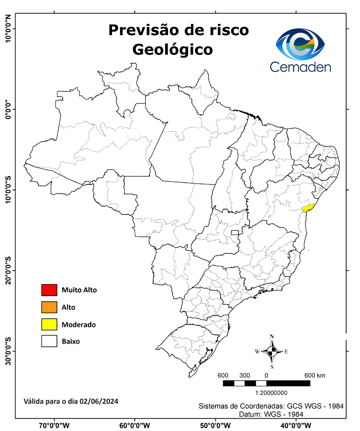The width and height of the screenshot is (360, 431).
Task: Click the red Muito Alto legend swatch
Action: [49, 290]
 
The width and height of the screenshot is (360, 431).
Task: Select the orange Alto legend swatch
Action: [49, 307]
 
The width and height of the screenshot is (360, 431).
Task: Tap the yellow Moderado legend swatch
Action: [49, 324]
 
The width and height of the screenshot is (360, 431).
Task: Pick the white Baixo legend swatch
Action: [49, 342]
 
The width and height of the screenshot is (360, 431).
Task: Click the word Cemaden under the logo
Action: [300, 67]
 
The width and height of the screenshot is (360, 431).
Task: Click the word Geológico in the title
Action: [172, 49]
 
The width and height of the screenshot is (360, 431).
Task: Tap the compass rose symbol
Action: [272, 352]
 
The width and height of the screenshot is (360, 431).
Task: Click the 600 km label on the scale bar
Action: [315, 376]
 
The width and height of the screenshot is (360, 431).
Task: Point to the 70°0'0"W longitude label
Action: [54, 425]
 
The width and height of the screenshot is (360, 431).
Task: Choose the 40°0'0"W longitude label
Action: [296, 425]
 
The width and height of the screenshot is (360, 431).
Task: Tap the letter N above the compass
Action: [272, 336]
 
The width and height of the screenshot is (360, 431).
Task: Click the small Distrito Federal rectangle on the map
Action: [235, 232]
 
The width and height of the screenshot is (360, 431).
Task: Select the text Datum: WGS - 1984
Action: [271, 414]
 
